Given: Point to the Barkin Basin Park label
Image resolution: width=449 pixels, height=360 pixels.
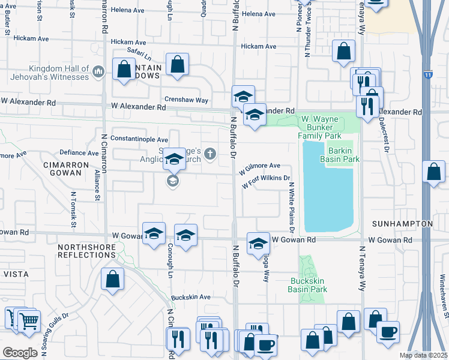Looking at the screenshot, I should [x=343, y=155].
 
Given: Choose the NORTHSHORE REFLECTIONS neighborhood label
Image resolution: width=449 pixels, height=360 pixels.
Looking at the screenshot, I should [x=86, y=251].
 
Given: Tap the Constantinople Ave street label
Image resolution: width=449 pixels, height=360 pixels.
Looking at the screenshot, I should [x=143, y=140].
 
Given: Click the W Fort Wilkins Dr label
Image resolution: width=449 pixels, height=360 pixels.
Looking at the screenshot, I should [x=266, y=182].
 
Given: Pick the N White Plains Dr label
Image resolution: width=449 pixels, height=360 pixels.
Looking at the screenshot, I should [x=291, y=207].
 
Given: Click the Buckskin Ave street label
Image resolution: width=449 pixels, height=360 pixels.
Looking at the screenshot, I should [x=190, y=297].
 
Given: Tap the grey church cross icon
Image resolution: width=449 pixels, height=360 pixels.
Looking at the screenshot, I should [x=209, y=154].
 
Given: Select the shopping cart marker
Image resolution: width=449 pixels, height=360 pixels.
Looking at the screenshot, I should [x=29, y=320].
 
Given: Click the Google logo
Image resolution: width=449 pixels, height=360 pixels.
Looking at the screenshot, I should [x=20, y=352].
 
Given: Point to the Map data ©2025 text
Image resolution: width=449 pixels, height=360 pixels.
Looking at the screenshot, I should [x=423, y=355].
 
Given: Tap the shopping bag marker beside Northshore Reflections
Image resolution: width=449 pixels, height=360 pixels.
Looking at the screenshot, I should [x=112, y=279].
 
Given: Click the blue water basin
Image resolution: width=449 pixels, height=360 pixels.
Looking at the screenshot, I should [x=325, y=192].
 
